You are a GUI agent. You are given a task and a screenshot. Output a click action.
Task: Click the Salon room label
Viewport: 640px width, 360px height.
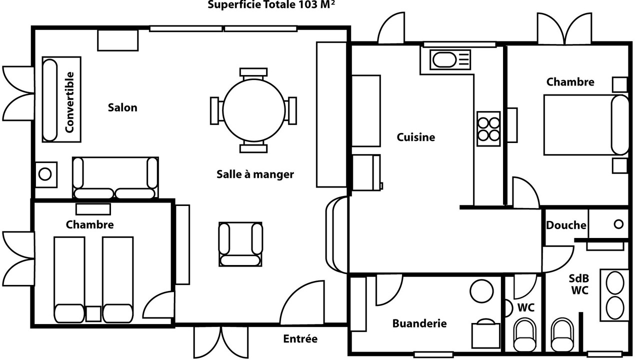(x=122, y=107)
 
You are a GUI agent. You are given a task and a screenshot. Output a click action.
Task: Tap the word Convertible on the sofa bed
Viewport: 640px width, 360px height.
(x=69, y=102)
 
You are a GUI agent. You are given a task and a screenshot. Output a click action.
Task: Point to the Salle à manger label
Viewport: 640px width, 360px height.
(x=255, y=174)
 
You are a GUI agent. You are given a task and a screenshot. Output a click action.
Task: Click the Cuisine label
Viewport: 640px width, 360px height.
(x=416, y=137)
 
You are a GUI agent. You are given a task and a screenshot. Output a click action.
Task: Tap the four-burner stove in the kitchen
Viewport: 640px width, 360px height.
(x=488, y=128)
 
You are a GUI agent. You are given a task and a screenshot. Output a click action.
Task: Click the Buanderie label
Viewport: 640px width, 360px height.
(x=419, y=323)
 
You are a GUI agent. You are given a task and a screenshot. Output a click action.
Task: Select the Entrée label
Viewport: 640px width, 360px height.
(x=300, y=339)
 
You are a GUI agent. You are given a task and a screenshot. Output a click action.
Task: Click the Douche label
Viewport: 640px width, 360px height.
(x=566, y=225)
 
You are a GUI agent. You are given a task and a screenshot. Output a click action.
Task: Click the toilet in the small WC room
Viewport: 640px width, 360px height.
(x=524, y=335)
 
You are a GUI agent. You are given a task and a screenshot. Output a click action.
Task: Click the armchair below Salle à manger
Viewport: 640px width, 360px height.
(x=240, y=244)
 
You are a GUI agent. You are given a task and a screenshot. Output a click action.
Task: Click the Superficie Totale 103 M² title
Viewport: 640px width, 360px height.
(x=264, y=5)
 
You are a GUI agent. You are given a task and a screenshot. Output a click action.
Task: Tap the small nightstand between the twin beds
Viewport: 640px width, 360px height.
(x=93, y=313)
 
